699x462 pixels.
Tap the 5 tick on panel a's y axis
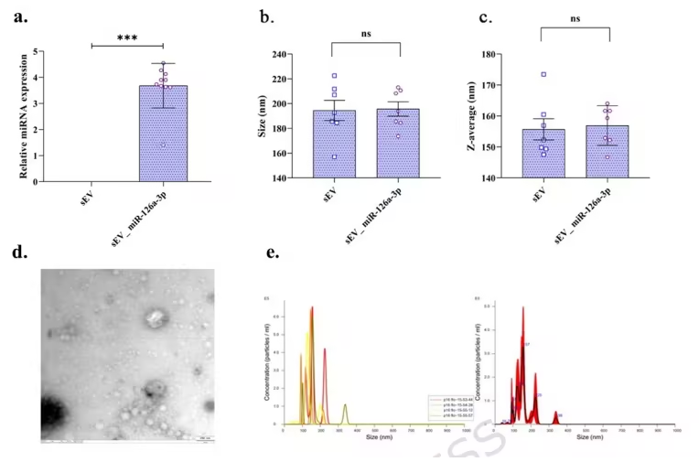[x=36, y=51]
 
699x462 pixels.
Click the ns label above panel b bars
[x=366, y=35]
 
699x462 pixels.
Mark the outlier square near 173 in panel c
[x=543, y=75]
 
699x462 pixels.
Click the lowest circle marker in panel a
[x=164, y=144]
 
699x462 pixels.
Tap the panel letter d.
[x=16, y=248]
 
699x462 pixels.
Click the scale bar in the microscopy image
[x=206, y=438]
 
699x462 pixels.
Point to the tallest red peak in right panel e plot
[x=523, y=309]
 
